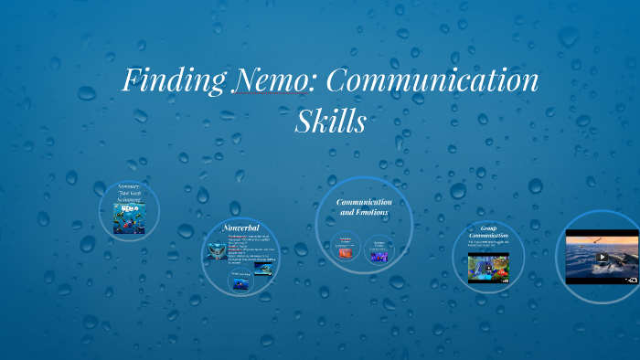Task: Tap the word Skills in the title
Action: (330, 122)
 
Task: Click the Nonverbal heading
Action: (241, 227)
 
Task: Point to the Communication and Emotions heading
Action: (364, 206)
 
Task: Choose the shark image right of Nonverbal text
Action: (261, 259)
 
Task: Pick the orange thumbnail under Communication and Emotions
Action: (346, 249)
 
